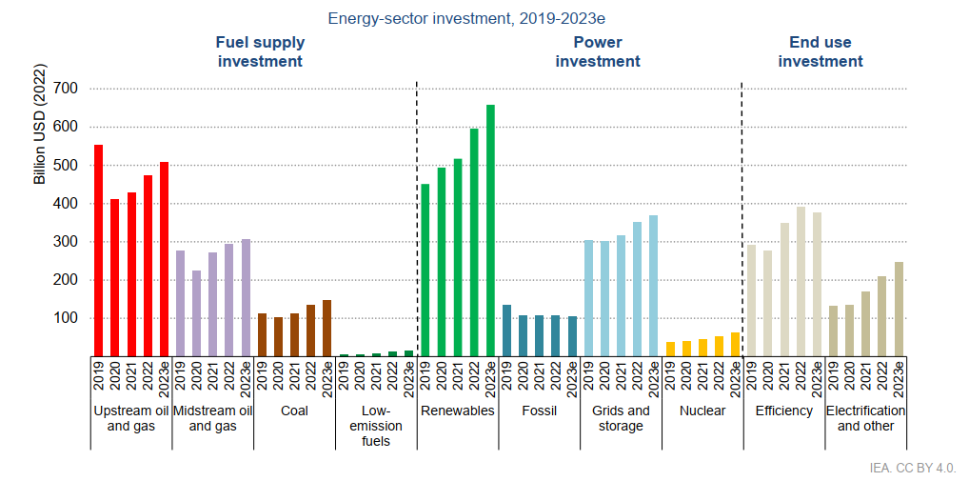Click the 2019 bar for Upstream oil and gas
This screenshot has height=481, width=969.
99,251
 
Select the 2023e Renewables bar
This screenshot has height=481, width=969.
491,230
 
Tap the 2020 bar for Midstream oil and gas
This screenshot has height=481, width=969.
196,313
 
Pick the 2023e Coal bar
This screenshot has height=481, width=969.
327,328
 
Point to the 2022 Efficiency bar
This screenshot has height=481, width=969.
801,281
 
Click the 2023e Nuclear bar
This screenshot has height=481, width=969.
735,344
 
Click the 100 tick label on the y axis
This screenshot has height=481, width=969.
66,318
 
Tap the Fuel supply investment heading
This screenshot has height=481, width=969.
260,51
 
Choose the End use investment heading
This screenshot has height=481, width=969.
821,51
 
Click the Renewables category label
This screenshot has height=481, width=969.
458,411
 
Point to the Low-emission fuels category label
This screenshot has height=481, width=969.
377,426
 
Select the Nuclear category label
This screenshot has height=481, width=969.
702,411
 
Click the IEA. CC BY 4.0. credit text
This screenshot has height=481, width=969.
913,468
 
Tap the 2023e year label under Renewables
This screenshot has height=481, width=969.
491,377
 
